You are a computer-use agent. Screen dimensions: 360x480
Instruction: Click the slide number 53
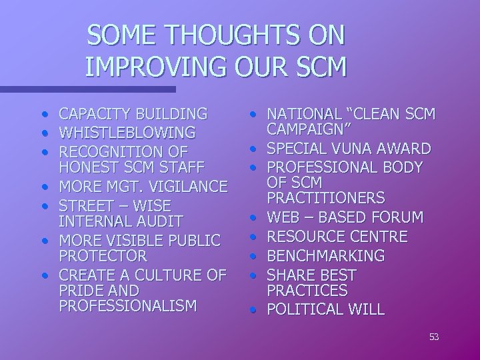point(434,337)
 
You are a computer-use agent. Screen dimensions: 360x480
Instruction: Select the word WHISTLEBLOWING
point(127,132)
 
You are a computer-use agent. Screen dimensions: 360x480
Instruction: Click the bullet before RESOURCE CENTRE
point(255,236)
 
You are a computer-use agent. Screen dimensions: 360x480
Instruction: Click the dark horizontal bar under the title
point(87,88)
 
